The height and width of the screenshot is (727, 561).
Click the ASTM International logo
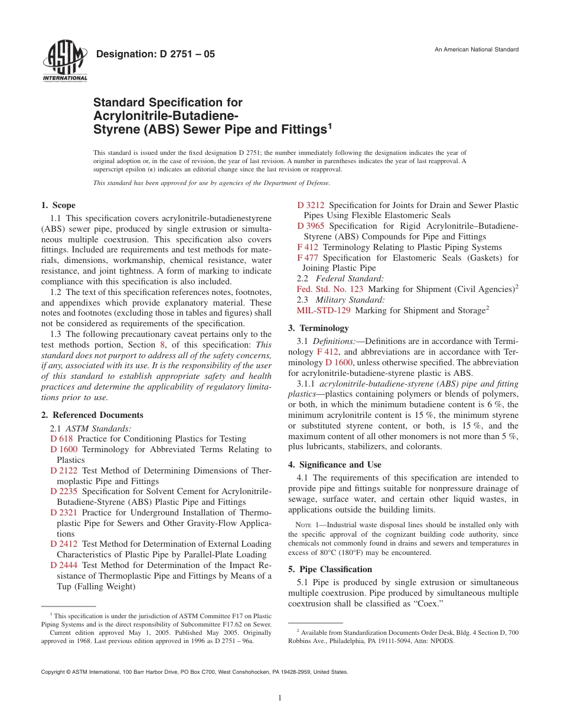64,60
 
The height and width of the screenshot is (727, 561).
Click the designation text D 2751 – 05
155,54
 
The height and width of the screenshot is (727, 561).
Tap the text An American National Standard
477,49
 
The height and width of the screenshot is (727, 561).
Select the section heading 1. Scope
58,205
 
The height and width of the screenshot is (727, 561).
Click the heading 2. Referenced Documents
92,415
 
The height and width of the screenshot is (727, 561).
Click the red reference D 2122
64,470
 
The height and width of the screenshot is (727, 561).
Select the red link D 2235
64,491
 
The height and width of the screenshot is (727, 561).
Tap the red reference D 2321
64,512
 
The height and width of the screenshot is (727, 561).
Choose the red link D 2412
64,544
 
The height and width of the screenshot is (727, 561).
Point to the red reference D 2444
64,565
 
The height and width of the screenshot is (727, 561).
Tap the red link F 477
308,258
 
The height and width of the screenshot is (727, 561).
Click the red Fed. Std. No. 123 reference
330,289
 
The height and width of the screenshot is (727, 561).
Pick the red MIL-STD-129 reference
324,310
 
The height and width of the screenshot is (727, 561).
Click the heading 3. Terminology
318,328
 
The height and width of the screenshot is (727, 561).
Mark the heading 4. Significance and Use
334,465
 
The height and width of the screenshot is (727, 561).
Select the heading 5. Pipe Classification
330,569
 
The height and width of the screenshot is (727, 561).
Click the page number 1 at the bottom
280,698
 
